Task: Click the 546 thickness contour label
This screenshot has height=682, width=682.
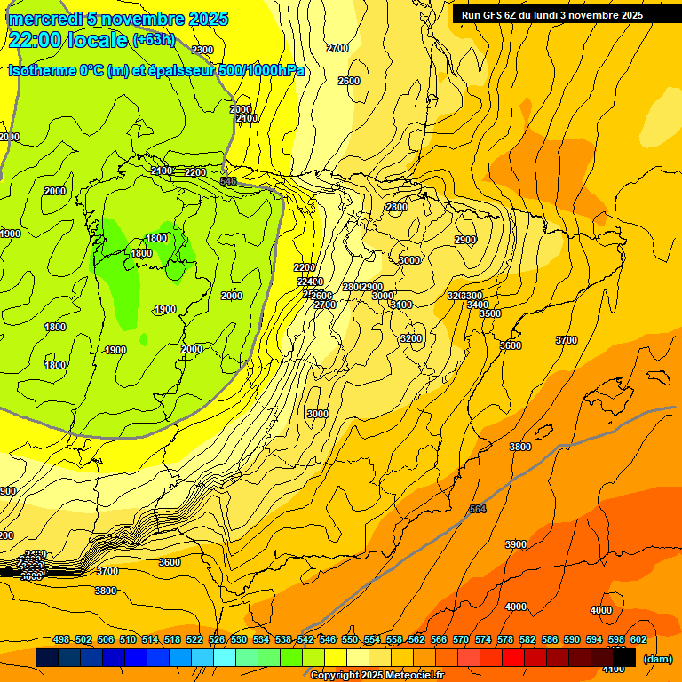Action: tap(228, 181)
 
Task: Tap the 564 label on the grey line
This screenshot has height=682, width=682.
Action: tap(478, 509)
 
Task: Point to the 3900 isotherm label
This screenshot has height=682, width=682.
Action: tap(515, 544)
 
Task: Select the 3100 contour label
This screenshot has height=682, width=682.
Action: tap(401, 305)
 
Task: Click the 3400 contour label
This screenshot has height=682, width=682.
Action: tap(477, 305)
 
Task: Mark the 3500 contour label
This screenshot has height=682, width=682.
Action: tap(490, 313)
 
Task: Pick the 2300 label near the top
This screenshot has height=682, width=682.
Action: tap(202, 50)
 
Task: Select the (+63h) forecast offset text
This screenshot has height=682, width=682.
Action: tap(154, 41)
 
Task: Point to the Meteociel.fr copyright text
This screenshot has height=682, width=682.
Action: tap(377, 676)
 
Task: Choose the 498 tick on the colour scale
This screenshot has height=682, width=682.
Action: tap(61, 639)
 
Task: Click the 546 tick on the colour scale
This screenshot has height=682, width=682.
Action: tap(328, 639)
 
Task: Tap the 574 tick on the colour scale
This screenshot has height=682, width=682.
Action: tap(483, 639)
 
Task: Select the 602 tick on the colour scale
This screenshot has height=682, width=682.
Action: tap(638, 639)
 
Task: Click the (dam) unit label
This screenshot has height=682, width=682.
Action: tap(657, 659)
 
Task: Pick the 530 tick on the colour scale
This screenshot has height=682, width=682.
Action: tap(239, 639)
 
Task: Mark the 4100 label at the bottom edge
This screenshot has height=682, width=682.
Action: tap(613, 669)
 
